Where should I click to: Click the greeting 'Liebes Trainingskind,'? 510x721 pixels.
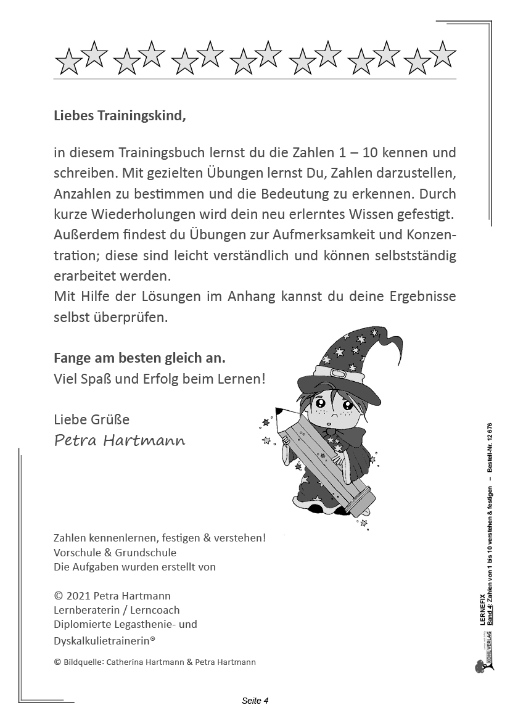(120, 115)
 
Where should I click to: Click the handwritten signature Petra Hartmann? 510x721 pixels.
(120, 440)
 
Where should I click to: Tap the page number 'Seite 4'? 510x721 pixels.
(255, 700)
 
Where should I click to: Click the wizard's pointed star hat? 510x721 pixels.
(354, 358)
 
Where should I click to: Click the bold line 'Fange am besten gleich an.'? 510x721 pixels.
(139, 358)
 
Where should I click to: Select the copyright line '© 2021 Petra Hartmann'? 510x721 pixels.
(112, 596)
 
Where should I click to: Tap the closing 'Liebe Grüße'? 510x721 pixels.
(92, 419)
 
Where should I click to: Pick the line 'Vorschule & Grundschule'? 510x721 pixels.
(115, 553)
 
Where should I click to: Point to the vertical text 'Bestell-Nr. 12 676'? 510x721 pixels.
(490, 447)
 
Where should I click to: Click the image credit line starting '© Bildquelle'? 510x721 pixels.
(155, 662)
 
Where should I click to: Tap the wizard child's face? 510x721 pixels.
(334, 408)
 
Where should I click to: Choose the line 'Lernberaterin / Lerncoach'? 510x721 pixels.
(117, 610)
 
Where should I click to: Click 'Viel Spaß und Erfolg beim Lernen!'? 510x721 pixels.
(160, 379)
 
